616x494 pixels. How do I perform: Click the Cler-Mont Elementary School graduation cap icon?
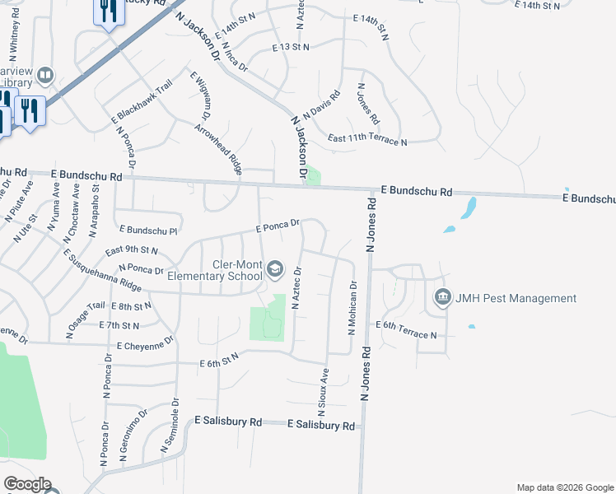coord(276,269)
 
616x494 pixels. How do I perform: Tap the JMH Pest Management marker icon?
coord(442,297)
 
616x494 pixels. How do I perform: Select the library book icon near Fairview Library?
coord(44,77)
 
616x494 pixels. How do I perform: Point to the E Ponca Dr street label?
coord(277,225)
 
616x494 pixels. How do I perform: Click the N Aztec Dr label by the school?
coord(296,287)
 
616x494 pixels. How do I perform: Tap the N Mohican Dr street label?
coord(352,309)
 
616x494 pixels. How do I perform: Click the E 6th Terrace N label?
coord(407,330)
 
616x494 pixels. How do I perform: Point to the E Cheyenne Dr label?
coord(146,343)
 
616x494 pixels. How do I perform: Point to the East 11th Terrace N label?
coord(367,141)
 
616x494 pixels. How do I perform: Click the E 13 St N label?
coord(291,48)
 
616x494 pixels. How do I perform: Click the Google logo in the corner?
coord(27,484)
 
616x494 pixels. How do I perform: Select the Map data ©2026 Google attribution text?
coord(564,487)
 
